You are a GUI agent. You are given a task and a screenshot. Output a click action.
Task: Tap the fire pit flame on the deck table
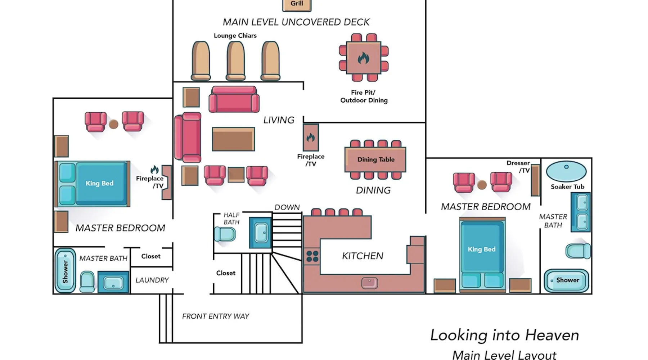pyautogui.click(x=363, y=58)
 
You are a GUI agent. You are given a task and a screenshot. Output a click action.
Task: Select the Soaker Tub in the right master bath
pyautogui.click(x=566, y=171)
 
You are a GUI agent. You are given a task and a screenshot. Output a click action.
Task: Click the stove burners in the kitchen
pyautogui.click(x=312, y=256)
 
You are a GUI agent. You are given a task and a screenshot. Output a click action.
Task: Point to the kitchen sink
pyautogui.click(x=369, y=283)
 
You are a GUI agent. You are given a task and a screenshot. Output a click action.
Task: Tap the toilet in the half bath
pyautogui.click(x=225, y=234)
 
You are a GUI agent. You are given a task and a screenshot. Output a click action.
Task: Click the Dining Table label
pyautogui.click(x=376, y=159)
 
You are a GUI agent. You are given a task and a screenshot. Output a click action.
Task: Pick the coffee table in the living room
pyautogui.click(x=233, y=139)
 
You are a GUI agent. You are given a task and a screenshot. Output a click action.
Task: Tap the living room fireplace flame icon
pyautogui.click(x=310, y=137)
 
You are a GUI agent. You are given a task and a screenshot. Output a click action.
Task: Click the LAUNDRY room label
pyautogui.click(x=152, y=280)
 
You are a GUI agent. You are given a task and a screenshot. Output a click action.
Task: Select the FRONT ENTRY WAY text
pyautogui.click(x=215, y=316)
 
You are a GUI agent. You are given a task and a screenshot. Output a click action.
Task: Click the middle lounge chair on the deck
pyautogui.click(x=235, y=60)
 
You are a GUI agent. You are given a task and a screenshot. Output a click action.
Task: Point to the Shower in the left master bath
pyautogui.click(x=65, y=271)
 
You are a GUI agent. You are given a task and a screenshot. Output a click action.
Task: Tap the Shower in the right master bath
pyautogui.click(x=566, y=280)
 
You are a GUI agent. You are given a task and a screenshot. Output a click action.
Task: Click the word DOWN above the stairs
pyautogui.click(x=287, y=207)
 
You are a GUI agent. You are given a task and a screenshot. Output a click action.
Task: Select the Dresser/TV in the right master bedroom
pyautogui.click(x=535, y=180)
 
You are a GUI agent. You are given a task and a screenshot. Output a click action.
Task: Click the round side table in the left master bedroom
pyautogui.click(x=114, y=124)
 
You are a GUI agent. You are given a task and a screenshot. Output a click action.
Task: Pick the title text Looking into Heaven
pyautogui.click(x=505, y=335)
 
